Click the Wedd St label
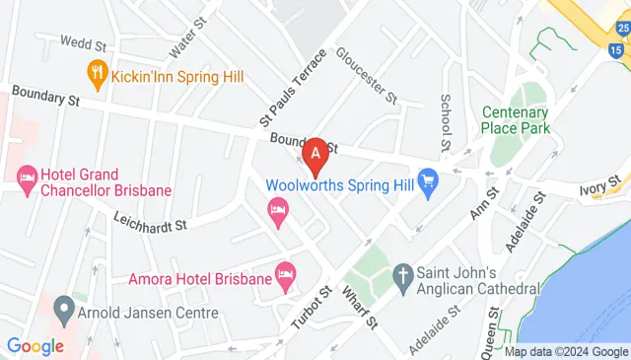tap(83, 43)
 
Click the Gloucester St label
tap(365, 75)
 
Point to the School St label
tap(446, 122)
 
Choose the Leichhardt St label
tap(150, 221)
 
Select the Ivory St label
tap(602, 184)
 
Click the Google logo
tap(35, 346)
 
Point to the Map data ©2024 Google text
tap(566, 351)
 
